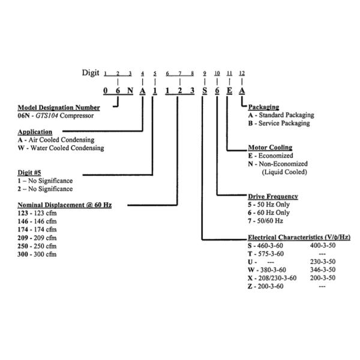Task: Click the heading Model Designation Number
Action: pos(59,107)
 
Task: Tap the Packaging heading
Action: pos(263,107)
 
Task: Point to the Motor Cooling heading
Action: pos(270,147)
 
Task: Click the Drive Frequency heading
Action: pos(273,196)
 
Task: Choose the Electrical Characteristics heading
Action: pos(299,238)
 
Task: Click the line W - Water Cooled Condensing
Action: pos(61,148)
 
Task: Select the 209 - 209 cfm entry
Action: pos(37,238)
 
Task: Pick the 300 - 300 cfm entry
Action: pos(37,254)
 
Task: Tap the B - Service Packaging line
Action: pos(279,123)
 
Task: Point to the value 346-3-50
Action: pos(322,270)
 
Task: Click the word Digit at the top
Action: pos(90,73)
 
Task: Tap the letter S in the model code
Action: pos(205,91)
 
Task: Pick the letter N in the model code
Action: pos(130,91)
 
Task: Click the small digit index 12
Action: pos(242,73)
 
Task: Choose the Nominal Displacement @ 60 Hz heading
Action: pos(65,205)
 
